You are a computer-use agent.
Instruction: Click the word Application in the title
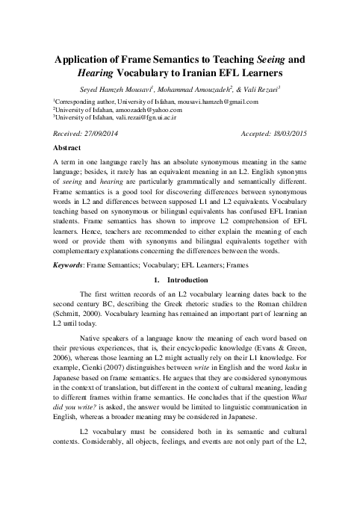click(87, 61)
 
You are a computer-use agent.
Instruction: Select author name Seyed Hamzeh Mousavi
click(124, 90)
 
